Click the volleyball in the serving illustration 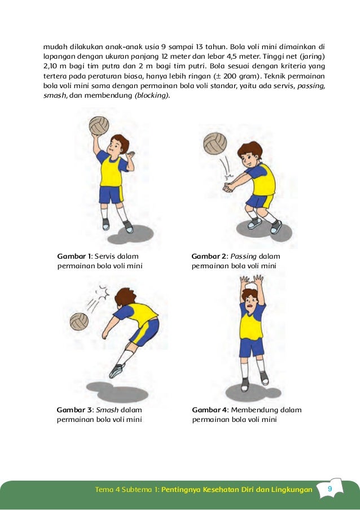pos(99,125)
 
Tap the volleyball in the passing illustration pos(215,143)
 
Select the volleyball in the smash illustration pos(79,321)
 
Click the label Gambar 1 pos(74,256)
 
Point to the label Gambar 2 pos(209,256)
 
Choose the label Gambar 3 pos(74,410)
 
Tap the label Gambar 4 pos(210,410)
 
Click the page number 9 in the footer pos(330,489)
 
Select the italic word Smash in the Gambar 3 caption pos(107,410)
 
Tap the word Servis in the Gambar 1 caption pos(104,256)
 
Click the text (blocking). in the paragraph pos(152,95)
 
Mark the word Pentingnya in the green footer pos(181,490)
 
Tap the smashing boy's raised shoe pos(117,370)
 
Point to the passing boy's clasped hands pos(228,188)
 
